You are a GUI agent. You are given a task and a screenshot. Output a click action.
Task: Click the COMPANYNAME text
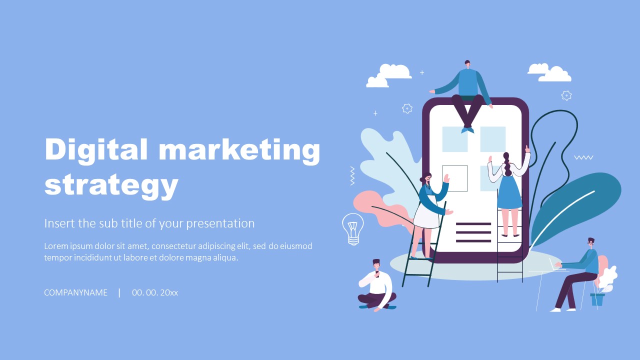[75, 292]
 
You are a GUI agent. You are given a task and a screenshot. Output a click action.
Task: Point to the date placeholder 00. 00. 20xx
[155, 292]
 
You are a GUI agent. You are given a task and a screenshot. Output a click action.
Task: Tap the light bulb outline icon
[352, 228]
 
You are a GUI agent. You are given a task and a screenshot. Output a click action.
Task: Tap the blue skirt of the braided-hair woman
[509, 192]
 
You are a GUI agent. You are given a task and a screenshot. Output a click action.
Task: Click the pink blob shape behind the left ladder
[370, 205]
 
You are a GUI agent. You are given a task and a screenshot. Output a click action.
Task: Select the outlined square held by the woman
[455, 178]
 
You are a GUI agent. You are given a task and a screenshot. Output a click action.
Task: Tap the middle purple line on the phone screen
[473, 232]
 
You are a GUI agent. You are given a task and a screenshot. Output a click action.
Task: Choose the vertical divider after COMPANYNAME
[119, 292]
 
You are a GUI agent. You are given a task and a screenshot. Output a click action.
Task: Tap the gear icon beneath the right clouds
[566, 95]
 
